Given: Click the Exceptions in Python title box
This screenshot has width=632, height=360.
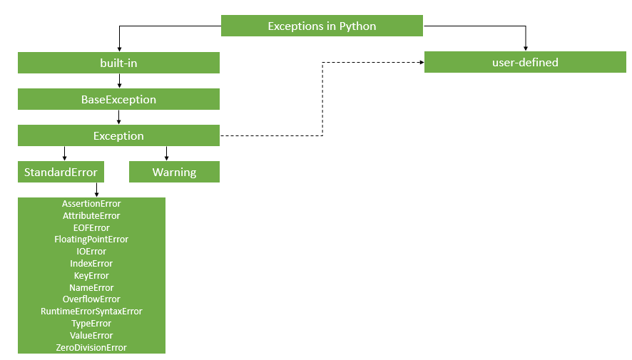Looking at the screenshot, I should click(322, 26).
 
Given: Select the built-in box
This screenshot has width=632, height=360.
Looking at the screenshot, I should click(118, 63).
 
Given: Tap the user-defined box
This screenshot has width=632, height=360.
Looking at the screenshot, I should click(525, 63).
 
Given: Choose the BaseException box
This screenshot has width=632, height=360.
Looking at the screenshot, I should click(118, 99).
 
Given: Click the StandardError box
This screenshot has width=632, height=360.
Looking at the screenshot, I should click(61, 172).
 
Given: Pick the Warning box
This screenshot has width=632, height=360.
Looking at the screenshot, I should click(174, 172).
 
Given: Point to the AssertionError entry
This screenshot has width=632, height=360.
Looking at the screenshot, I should click(91, 204).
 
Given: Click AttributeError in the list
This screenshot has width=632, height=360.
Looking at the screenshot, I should click(91, 216).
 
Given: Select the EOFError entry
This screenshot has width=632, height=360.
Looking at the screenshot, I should click(91, 228).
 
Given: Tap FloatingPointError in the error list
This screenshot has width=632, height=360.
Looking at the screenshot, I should click(91, 240).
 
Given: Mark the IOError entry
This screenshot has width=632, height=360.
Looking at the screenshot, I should click(91, 252).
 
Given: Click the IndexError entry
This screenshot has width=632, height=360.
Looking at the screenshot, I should click(91, 264).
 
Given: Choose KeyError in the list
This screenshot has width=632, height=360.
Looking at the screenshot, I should click(91, 276).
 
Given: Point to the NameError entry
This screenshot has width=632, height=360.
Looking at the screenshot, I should click(91, 288).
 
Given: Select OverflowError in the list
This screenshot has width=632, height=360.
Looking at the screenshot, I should click(91, 299).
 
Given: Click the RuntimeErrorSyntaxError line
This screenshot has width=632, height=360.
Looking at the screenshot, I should click(91, 312).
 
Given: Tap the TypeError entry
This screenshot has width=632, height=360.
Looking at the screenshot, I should click(91, 324).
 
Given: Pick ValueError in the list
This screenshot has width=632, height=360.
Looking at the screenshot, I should click(91, 336).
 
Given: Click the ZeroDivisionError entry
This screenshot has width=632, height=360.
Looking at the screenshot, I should click(91, 348).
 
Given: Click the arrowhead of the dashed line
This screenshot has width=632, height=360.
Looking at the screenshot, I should click(421, 63).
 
